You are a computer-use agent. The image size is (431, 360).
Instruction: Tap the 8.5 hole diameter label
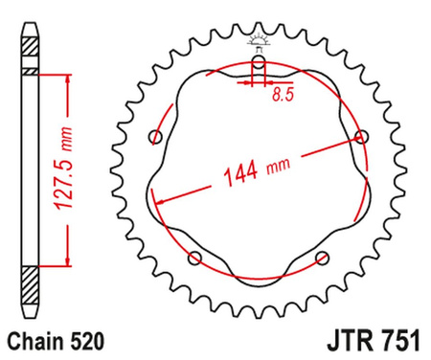[x=283, y=96]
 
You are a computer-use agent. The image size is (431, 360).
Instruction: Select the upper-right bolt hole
[x=360, y=136]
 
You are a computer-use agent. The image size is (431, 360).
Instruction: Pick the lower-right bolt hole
[x=322, y=256]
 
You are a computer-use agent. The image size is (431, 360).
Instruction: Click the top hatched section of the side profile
[x=31, y=50]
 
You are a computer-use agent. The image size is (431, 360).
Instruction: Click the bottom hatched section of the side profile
[x=31, y=286]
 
